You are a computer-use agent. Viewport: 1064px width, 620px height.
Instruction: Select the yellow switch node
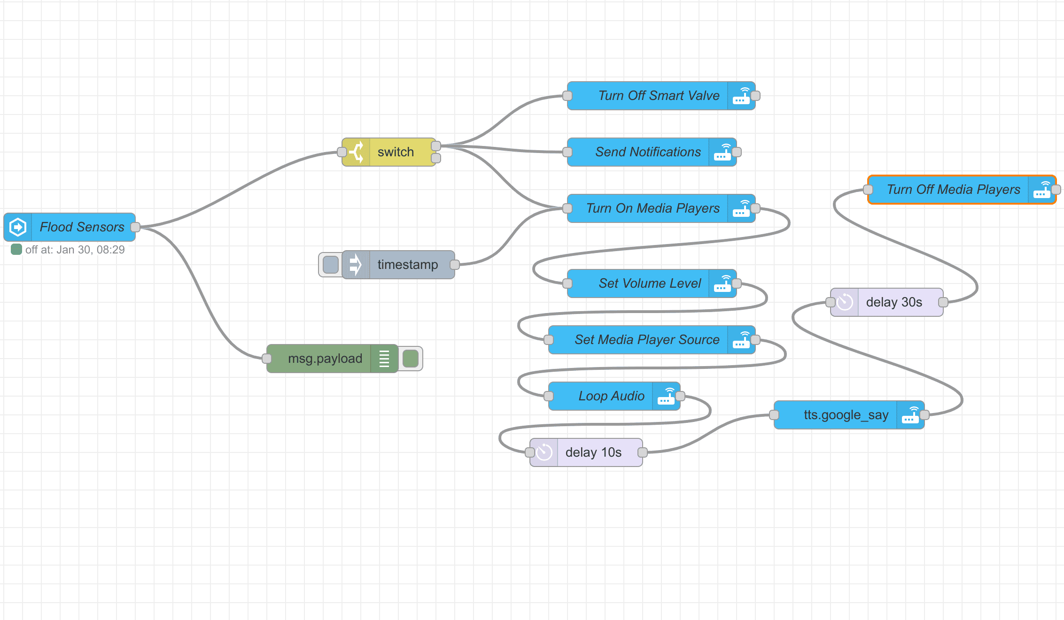tap(395, 152)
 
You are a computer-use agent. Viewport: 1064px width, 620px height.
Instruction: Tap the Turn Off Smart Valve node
tap(658, 96)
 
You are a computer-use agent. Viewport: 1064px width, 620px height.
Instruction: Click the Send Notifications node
tap(648, 152)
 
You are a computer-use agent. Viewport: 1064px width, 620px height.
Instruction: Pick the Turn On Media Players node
tap(652, 208)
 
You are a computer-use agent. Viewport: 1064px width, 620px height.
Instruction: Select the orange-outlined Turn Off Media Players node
tap(953, 190)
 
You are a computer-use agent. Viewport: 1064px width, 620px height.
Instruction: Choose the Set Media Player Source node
tap(646, 340)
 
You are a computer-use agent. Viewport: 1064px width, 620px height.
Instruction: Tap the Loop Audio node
tap(611, 396)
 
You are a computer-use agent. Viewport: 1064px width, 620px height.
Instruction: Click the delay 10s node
tap(593, 452)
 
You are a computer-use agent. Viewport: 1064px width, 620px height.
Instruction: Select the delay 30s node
tap(893, 302)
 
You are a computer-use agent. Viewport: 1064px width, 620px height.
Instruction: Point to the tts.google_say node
tap(846, 415)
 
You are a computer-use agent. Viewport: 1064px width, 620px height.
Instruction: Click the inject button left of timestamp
tap(331, 265)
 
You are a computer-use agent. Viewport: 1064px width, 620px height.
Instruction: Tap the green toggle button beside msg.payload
tap(411, 359)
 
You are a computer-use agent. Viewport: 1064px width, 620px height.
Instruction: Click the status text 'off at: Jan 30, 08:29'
tap(75, 250)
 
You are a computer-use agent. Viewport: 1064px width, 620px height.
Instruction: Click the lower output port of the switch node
tap(436, 158)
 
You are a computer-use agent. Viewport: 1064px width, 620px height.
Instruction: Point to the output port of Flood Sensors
tap(135, 227)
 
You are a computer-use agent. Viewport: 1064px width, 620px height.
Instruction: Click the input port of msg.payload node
tap(267, 359)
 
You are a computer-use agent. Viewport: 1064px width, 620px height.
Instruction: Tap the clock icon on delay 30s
tap(845, 302)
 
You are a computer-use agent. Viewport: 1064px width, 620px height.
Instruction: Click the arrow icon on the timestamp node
tap(356, 265)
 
